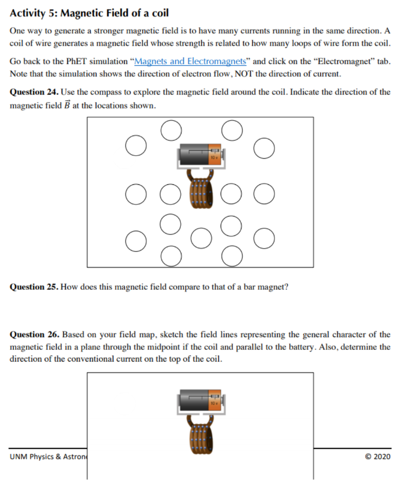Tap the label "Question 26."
[x=34, y=335]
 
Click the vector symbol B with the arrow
[x=66, y=105]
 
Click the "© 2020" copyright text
[x=378, y=457]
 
